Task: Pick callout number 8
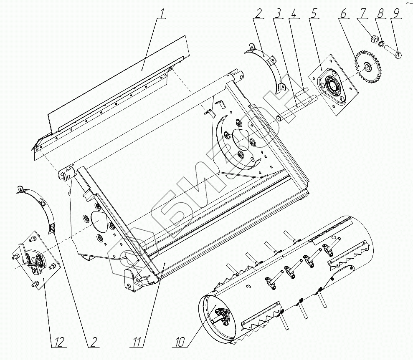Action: click(380, 13)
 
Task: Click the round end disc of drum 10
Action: click(217, 317)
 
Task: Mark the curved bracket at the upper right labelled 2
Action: click(267, 65)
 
